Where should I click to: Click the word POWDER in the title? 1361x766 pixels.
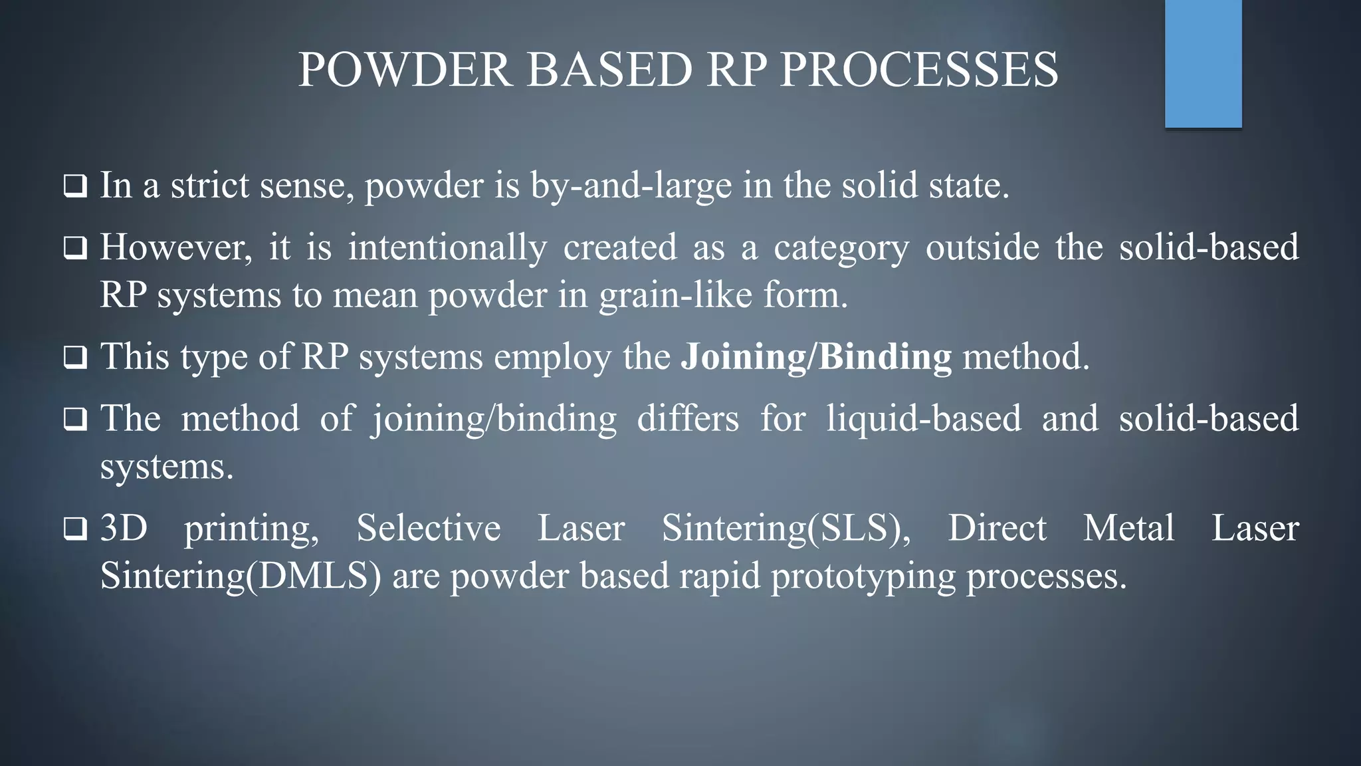coord(405,69)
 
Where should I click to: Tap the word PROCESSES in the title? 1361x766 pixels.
coord(918,69)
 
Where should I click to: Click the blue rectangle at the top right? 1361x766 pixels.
coord(1203,63)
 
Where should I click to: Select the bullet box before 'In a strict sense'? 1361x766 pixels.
coord(75,186)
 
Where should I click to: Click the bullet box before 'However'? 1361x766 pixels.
coord(75,248)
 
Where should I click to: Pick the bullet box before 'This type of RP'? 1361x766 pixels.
coord(75,358)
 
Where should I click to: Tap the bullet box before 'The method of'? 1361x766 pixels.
coord(75,420)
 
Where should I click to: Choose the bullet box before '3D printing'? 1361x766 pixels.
coord(75,529)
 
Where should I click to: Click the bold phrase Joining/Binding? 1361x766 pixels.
coord(816,357)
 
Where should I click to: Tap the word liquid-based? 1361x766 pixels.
coord(924,418)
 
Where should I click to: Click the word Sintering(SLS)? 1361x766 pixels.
coord(786,529)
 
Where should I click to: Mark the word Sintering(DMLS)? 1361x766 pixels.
coord(241,576)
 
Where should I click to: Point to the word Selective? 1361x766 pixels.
coord(429,529)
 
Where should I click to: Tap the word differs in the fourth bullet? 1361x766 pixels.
coord(688,418)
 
